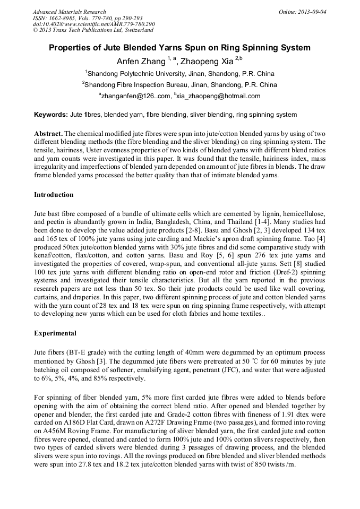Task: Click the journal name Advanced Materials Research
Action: (x=69, y=12)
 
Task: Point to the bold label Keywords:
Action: (x=51, y=115)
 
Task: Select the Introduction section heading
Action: (x=54, y=195)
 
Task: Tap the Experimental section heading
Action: (x=55, y=333)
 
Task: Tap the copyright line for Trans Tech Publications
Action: (x=88, y=31)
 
